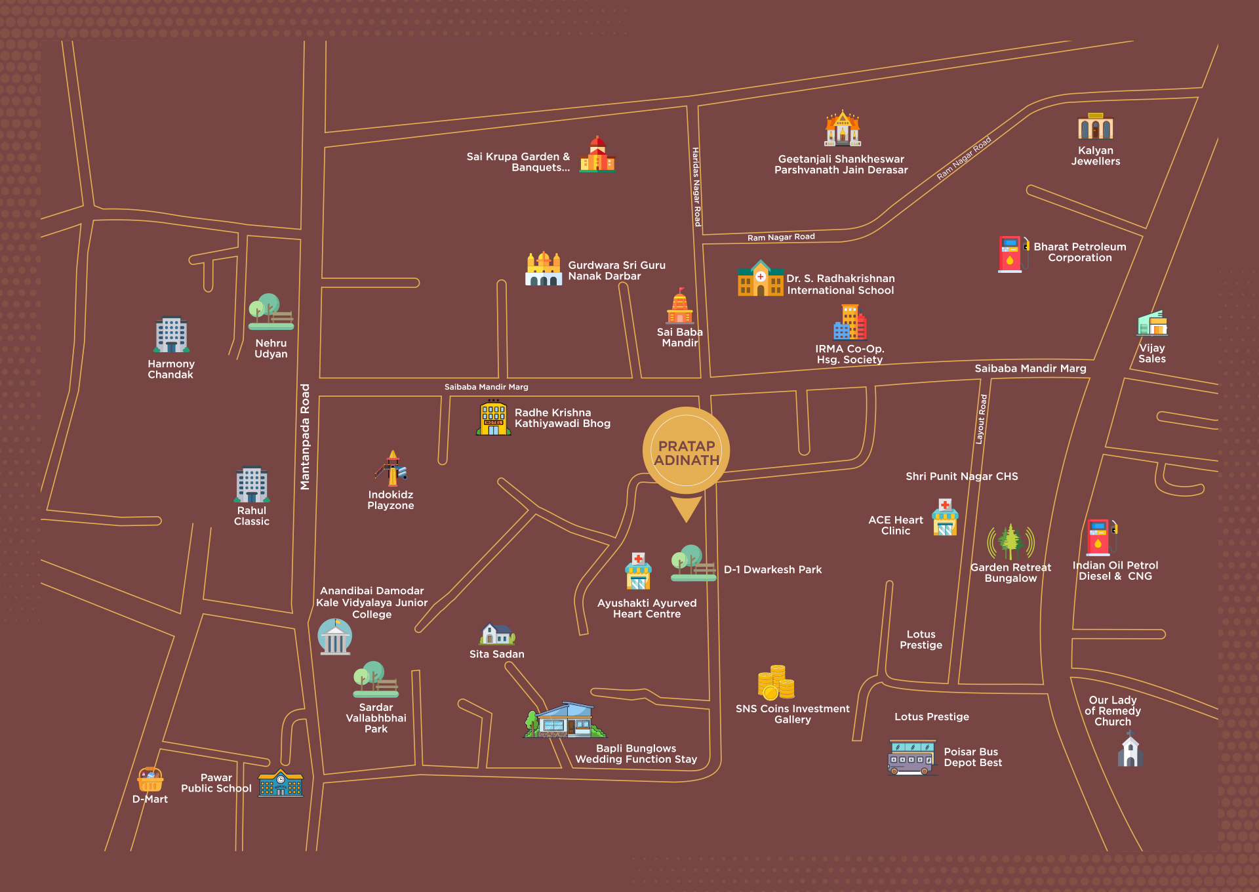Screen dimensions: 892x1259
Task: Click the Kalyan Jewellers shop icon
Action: point(1095,127)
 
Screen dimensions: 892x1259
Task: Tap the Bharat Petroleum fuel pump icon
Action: point(1011,254)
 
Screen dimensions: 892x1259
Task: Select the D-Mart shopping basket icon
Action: point(150,780)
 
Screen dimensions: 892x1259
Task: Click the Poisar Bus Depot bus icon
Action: point(911,758)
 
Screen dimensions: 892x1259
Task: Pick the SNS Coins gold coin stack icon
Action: point(776,683)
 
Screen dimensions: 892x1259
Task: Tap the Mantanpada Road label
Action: point(305,437)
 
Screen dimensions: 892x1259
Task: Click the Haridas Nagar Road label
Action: point(696,187)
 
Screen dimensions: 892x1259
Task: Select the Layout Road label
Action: point(982,419)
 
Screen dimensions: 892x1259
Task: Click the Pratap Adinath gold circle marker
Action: point(687,451)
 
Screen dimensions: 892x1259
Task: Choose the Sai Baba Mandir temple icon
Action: point(680,307)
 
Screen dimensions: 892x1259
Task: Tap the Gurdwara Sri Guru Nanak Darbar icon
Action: point(544,269)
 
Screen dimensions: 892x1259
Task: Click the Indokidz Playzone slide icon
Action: point(392,468)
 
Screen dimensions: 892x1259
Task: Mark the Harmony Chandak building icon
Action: point(171,335)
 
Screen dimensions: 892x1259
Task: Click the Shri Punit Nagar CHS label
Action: point(961,476)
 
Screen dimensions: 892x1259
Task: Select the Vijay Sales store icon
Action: point(1152,323)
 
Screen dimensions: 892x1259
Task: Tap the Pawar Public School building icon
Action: point(281,782)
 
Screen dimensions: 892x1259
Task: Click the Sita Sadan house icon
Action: point(497,634)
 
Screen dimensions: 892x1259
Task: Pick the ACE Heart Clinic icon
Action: point(945,518)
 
